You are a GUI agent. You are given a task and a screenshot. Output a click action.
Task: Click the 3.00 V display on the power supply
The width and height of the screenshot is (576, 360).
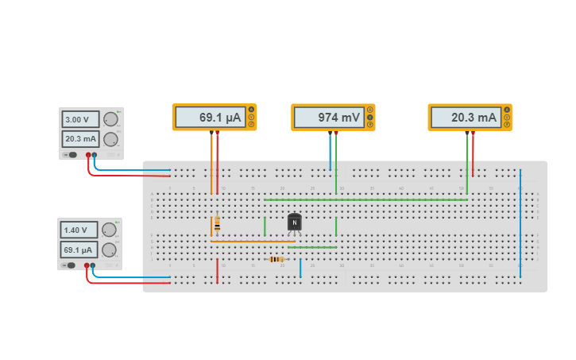click(80, 119)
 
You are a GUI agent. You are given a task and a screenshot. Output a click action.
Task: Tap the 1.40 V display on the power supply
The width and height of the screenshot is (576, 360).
click(79, 230)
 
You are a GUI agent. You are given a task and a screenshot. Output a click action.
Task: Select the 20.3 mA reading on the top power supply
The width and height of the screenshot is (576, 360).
click(80, 139)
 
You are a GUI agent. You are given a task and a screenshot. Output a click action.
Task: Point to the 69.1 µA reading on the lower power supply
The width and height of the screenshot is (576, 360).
click(79, 249)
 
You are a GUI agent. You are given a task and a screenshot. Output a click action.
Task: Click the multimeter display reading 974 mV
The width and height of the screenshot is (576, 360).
click(329, 118)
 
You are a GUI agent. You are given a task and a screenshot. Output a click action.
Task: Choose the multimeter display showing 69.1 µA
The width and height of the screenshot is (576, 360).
click(210, 118)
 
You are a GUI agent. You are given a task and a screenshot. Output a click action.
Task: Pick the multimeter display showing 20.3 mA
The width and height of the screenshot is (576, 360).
click(466, 118)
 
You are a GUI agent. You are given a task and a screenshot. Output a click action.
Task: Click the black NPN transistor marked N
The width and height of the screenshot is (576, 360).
click(295, 223)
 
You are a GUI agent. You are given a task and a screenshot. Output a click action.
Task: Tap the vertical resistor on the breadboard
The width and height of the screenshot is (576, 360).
click(217, 226)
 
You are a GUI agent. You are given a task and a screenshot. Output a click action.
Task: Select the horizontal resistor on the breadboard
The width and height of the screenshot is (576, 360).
click(276, 259)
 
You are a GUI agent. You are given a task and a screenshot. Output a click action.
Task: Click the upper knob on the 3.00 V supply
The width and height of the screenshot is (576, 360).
click(110, 119)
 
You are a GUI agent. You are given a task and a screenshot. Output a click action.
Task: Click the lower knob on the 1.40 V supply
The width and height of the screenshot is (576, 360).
click(109, 250)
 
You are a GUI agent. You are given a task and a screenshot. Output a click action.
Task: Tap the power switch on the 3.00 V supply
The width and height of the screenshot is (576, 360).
click(72, 155)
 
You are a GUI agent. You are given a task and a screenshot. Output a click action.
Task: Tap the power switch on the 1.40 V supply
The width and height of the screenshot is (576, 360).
click(70, 265)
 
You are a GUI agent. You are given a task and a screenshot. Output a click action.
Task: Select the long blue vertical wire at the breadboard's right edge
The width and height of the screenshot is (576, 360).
click(520, 223)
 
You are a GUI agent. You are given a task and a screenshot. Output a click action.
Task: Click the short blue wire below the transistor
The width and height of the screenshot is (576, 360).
click(300, 267)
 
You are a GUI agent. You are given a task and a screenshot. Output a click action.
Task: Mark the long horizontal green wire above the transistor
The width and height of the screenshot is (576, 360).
click(365, 199)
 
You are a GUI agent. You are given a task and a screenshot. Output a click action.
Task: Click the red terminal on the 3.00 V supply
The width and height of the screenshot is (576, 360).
click(88, 155)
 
